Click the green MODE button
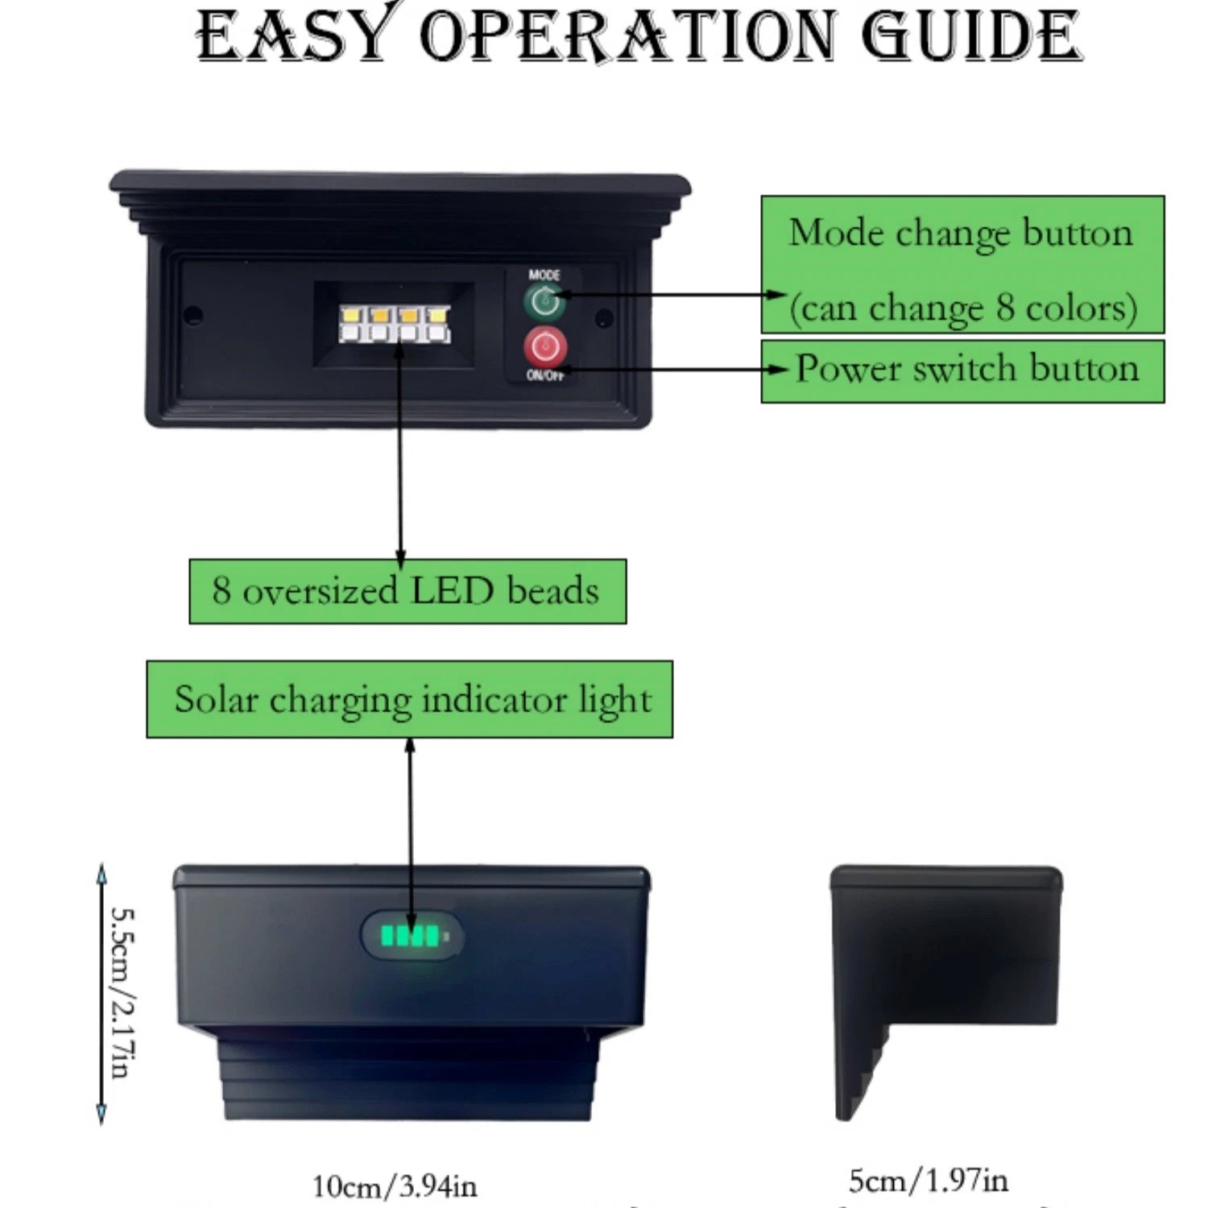545,303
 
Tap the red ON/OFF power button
545,347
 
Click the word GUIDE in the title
970,37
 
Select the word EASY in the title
294,37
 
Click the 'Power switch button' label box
962,370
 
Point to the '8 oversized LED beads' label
407,591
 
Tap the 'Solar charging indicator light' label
409,699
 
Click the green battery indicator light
412,936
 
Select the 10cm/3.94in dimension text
395,1185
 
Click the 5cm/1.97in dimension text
928,1181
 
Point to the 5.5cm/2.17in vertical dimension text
122,992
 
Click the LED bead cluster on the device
395,323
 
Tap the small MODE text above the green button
544,275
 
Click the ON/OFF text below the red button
545,375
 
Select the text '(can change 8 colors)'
962,308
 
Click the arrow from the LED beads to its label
400,451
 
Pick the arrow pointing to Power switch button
668,370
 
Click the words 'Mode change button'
961,234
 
